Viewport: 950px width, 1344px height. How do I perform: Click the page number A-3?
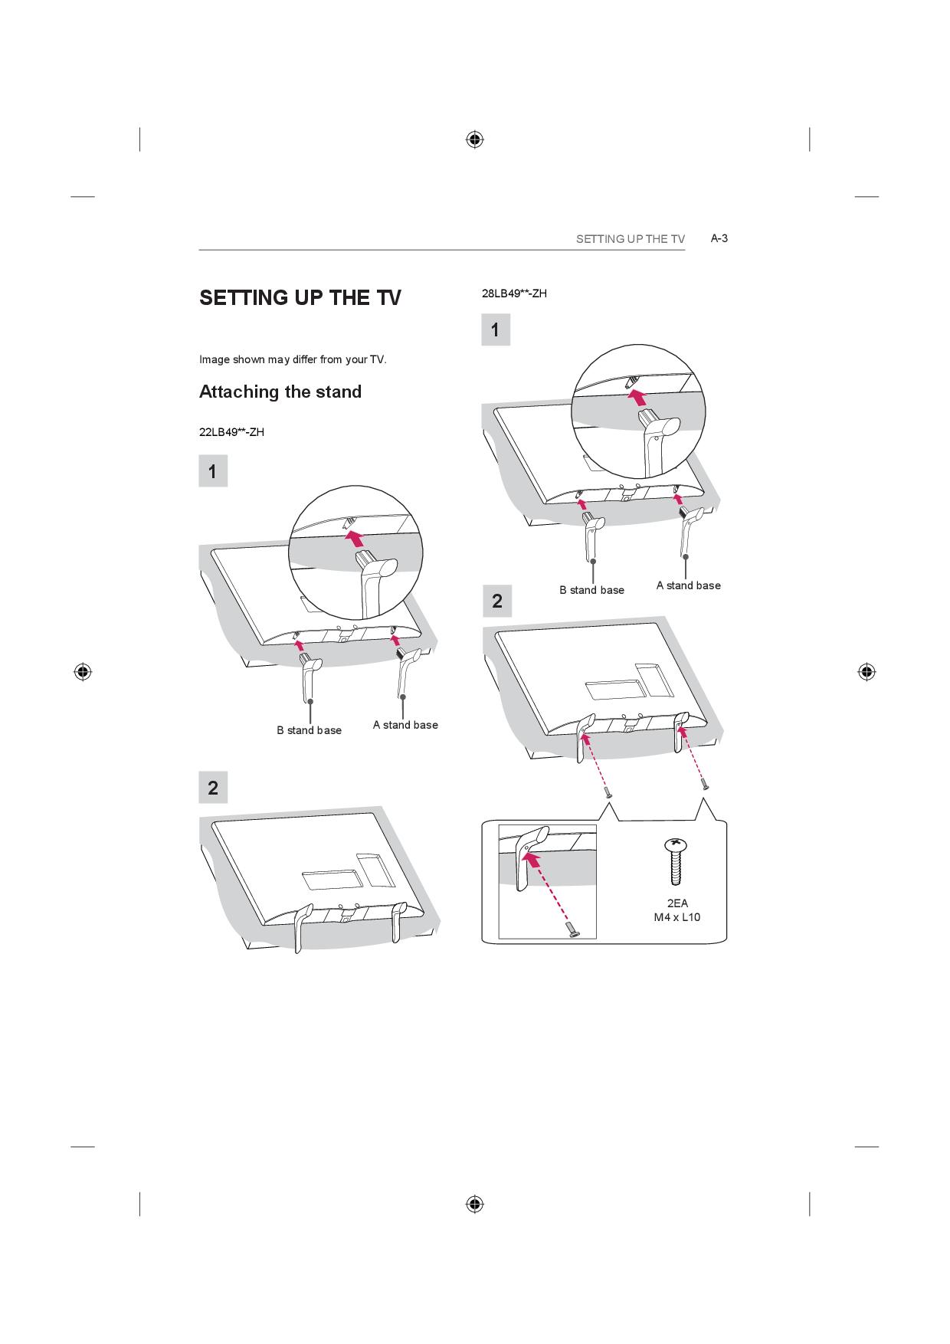[x=719, y=238]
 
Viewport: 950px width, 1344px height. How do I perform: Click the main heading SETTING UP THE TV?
[x=300, y=297]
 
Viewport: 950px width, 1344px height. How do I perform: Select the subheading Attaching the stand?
[x=280, y=392]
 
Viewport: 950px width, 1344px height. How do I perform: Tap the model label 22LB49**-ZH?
[x=231, y=432]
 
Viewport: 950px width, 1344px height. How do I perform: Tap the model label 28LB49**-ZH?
[x=514, y=293]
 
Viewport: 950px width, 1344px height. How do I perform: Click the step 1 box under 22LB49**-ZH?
[x=213, y=471]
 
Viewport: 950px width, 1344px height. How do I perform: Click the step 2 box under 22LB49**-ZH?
[x=213, y=787]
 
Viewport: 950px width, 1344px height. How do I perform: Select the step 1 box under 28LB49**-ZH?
[x=496, y=330]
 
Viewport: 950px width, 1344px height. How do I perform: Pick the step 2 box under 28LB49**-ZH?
[x=496, y=602]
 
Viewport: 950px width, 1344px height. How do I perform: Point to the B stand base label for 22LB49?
[x=310, y=730]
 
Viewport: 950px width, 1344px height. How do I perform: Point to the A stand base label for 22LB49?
[x=405, y=725]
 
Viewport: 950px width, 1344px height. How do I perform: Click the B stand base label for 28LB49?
[x=591, y=590]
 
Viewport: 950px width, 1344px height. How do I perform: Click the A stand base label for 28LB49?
[x=688, y=585]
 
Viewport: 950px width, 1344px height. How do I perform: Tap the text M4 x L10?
[x=676, y=917]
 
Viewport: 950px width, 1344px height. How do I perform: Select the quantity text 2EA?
[x=677, y=903]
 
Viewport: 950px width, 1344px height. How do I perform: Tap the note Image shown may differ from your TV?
[x=293, y=359]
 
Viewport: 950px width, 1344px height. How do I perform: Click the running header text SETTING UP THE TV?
[x=631, y=239]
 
